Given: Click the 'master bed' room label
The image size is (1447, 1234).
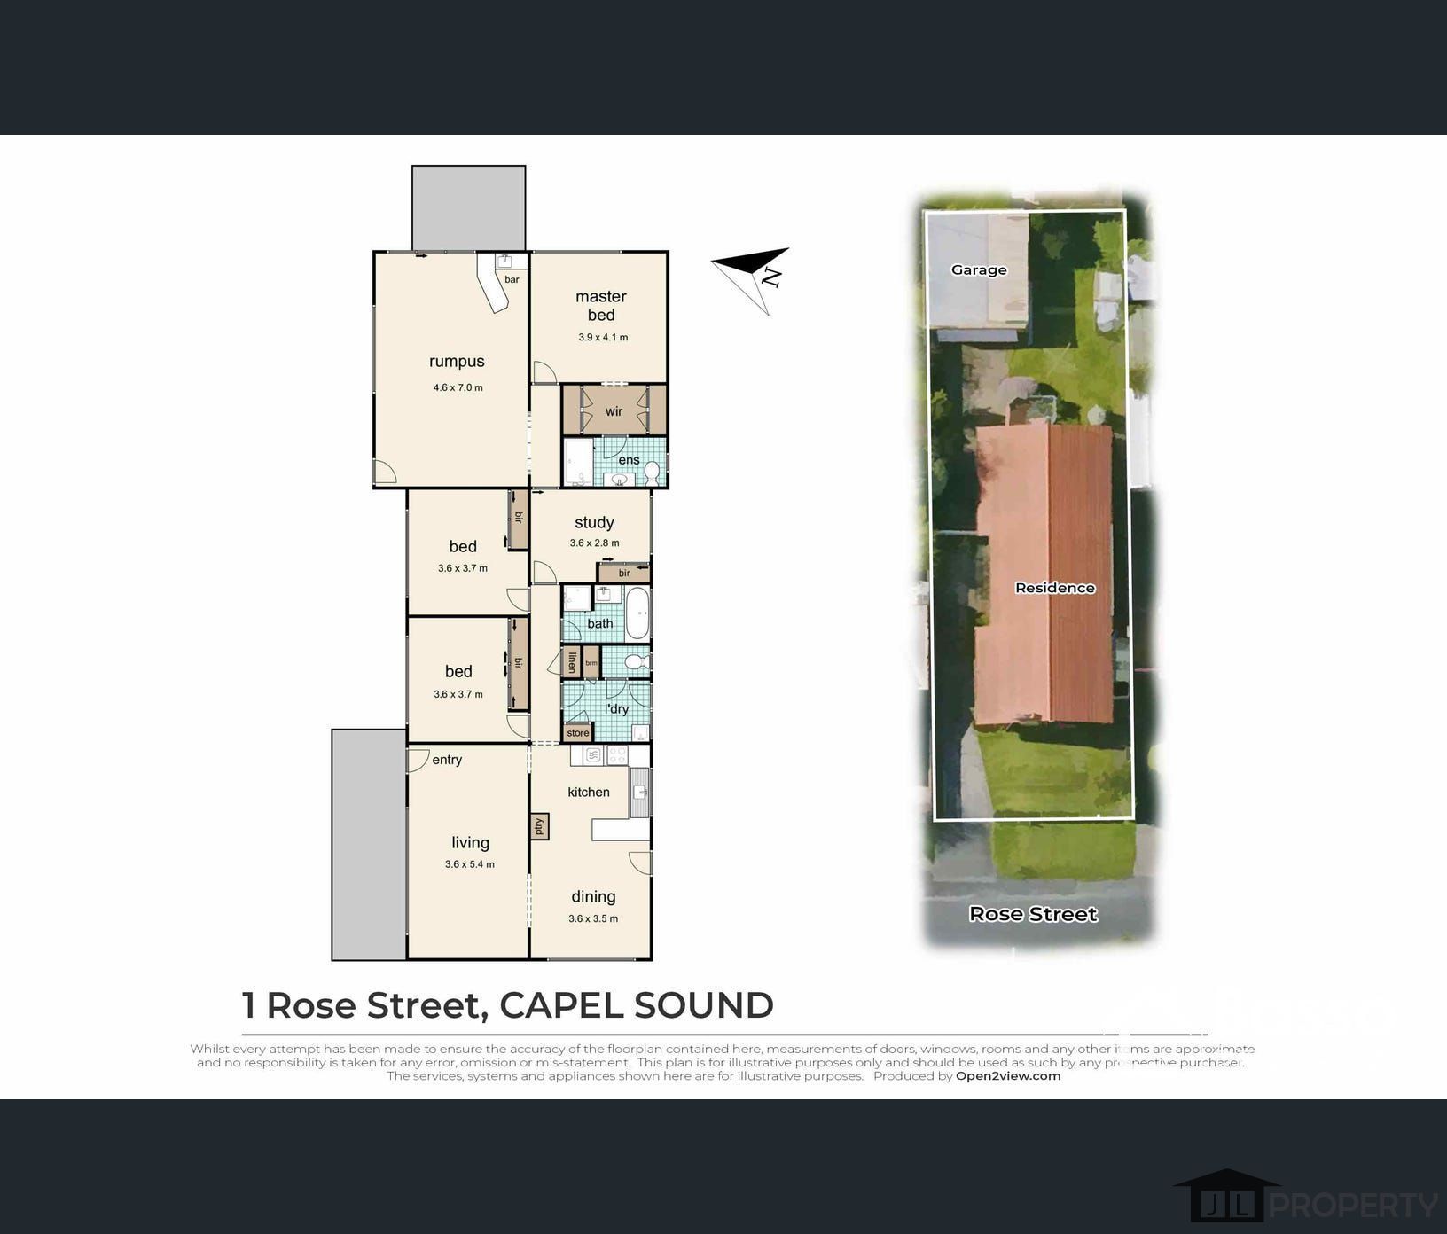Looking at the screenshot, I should click(600, 306).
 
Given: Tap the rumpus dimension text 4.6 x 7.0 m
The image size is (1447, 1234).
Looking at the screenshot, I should click(458, 387).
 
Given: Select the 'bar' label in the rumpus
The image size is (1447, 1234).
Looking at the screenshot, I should click(512, 279).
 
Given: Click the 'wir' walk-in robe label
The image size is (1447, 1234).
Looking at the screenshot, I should click(614, 411).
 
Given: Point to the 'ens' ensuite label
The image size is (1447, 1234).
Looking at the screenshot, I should click(629, 460).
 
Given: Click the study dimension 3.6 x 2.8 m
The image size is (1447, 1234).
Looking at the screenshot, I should click(594, 543).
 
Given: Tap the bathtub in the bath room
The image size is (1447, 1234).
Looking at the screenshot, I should click(637, 613).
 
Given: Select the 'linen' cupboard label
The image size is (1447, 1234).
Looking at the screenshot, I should click(572, 662).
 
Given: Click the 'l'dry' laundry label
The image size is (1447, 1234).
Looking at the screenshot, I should click(616, 709).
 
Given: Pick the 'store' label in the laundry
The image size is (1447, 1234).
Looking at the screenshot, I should click(577, 733).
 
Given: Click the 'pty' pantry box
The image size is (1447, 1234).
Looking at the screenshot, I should click(538, 826).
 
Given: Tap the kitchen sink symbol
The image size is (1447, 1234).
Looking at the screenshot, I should click(640, 792).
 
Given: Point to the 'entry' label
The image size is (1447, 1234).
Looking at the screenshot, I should click(447, 760).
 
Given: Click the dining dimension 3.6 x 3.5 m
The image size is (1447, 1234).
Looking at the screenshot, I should click(593, 918).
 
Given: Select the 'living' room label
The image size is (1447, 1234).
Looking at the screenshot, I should click(470, 843).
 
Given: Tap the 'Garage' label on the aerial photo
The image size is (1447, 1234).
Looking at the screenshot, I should click(979, 270).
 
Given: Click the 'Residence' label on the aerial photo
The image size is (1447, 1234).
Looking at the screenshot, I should click(1054, 588).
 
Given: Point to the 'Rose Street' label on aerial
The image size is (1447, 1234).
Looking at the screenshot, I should click(1033, 914).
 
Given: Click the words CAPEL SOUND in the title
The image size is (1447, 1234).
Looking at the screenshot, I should click(636, 1005).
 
